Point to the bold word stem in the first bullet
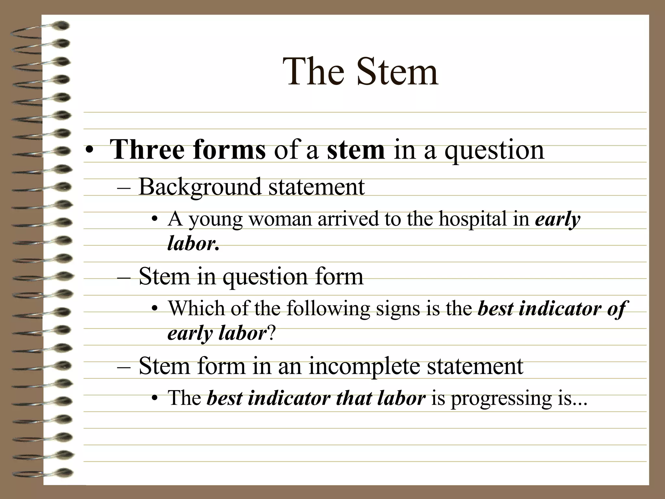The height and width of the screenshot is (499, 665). pos(356,150)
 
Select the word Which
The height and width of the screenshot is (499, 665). pos(196,308)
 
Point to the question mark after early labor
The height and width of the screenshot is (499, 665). pos(272,334)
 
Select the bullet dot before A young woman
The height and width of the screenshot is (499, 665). pos(155,219)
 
